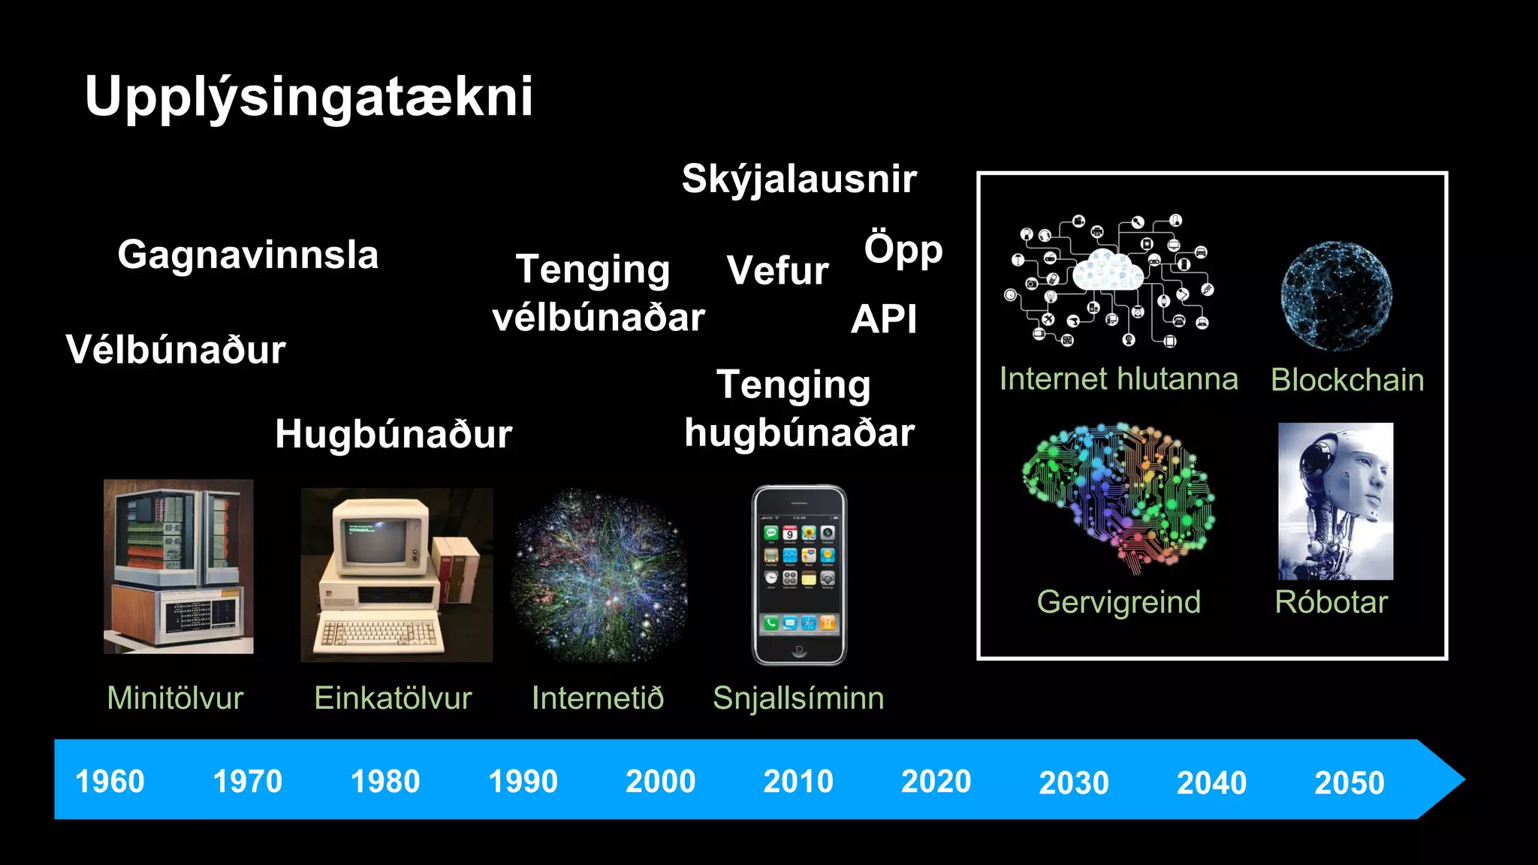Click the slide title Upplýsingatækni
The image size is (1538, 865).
[x=309, y=98]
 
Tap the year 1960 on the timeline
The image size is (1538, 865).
[x=110, y=782]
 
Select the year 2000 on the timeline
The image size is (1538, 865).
[x=660, y=782]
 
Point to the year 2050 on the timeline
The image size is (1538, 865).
[x=1349, y=783]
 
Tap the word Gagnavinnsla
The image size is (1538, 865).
[x=248, y=255]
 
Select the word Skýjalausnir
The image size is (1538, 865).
[x=799, y=179]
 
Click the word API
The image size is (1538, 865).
[x=884, y=320]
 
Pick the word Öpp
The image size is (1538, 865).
[x=903, y=250]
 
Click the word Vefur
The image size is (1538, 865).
[x=777, y=270]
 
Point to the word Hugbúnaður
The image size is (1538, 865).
[x=393, y=434]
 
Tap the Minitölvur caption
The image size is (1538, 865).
[x=175, y=698]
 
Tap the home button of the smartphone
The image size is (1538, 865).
[x=799, y=649]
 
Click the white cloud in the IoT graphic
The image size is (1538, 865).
[x=1108, y=272]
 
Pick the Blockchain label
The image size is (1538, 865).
[x=1347, y=380]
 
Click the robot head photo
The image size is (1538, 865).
[x=1335, y=501]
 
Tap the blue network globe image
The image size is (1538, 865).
[x=1336, y=296]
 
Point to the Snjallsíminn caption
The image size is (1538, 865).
[x=798, y=698]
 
